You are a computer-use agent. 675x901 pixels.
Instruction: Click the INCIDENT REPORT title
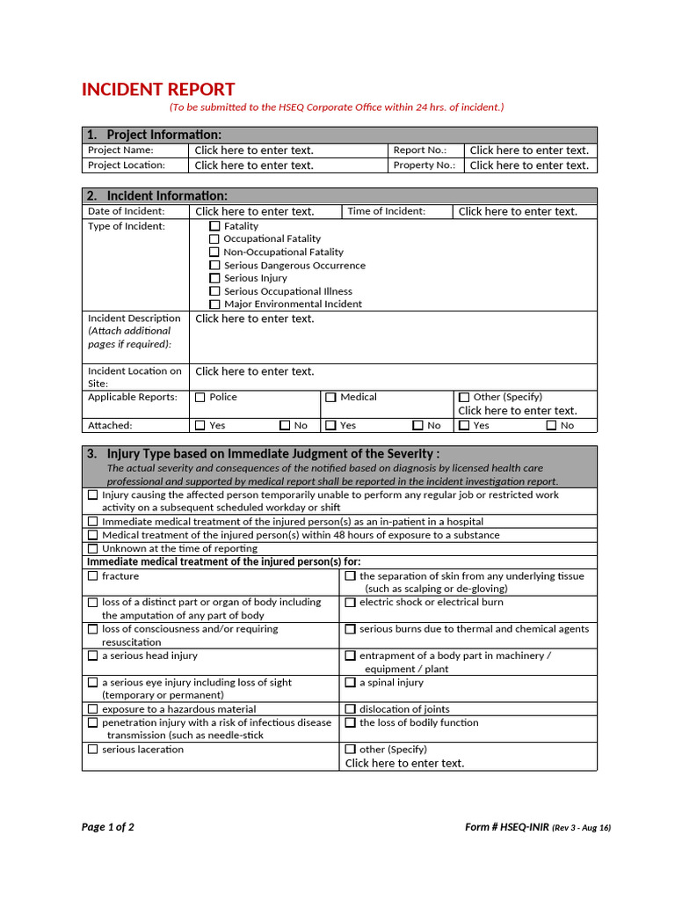point(158,90)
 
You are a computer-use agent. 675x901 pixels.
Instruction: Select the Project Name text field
point(254,150)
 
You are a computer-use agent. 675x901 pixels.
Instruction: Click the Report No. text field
point(529,150)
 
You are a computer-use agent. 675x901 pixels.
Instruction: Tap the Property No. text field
point(529,165)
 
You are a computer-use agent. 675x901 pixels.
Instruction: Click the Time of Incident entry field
point(518,211)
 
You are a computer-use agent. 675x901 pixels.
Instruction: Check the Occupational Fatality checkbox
point(214,239)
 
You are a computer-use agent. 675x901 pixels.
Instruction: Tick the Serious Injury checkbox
point(214,278)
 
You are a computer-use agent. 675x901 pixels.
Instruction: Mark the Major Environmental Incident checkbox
point(214,304)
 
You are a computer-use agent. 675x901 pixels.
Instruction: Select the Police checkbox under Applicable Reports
point(200,398)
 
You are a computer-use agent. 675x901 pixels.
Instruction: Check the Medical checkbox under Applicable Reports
point(330,398)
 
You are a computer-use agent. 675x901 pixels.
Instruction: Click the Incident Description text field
point(255,319)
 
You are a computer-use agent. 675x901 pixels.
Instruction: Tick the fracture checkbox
point(93,576)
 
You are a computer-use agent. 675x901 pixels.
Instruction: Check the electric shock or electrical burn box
point(350,603)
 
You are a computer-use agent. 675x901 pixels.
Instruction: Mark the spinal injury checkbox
point(350,683)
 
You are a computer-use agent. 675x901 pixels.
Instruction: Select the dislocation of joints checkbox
point(350,709)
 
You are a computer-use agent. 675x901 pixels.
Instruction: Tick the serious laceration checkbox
point(93,750)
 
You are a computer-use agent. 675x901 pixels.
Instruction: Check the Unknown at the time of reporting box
point(93,548)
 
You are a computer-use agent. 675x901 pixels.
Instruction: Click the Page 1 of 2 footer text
point(108,827)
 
